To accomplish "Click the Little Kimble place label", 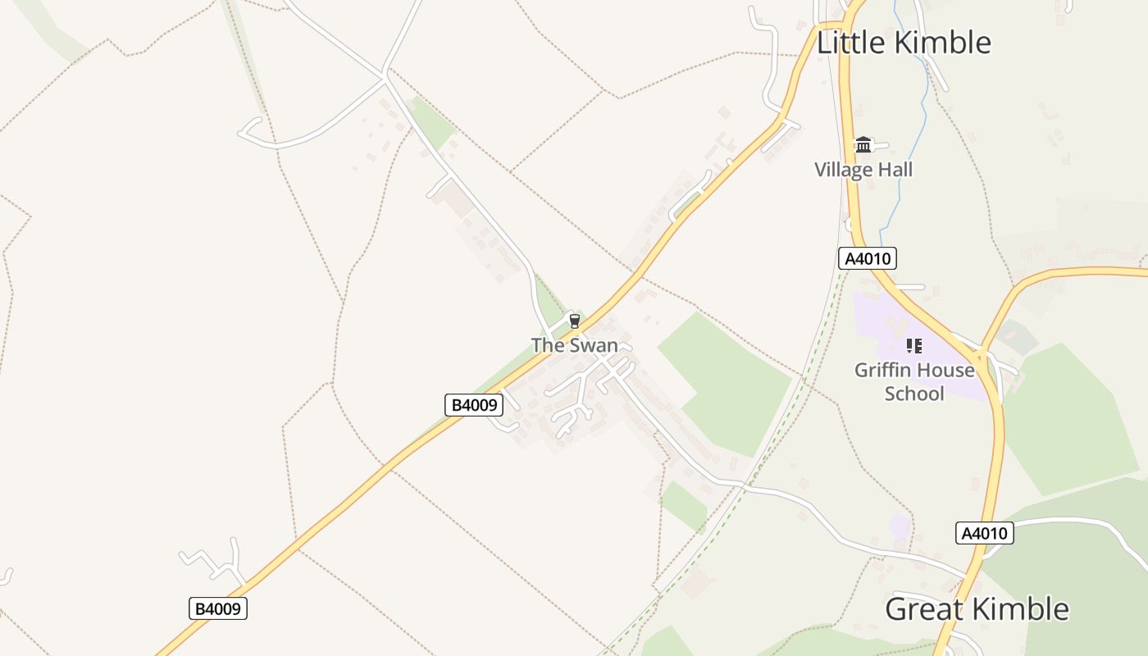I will click(904, 43).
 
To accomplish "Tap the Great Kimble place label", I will click(977, 609).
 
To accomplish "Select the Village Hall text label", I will click(863, 170).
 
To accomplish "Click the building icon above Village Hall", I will click(863, 145).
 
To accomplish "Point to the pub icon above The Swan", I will click(574, 321).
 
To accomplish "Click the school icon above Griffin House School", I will click(914, 346).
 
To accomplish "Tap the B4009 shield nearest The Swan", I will click(473, 404).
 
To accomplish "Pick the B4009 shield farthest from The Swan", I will click(217, 608).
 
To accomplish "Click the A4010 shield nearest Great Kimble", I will click(985, 533).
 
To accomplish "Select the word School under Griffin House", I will click(914, 394).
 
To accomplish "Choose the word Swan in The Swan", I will click(594, 345).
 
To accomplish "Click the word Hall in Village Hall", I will click(894, 170).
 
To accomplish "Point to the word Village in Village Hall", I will click(841, 170).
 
